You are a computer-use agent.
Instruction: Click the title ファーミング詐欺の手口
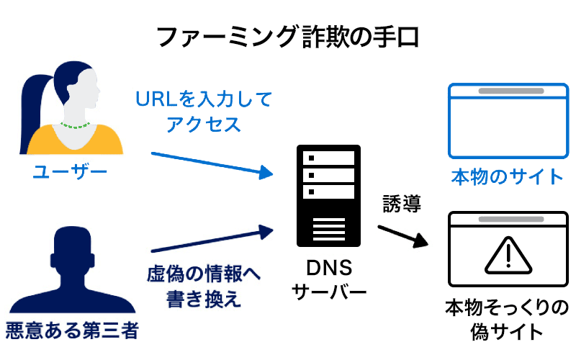coord(288,37)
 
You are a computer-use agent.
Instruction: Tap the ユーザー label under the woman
coord(70,172)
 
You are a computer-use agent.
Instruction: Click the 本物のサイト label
coord(507,176)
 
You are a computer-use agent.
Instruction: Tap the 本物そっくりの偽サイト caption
coord(507,320)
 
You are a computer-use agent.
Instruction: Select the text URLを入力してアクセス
coord(204,112)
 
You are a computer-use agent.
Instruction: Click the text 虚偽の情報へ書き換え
coord(204,287)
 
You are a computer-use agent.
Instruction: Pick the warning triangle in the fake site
coord(507,256)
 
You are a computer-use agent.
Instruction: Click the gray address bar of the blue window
coord(507,91)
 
